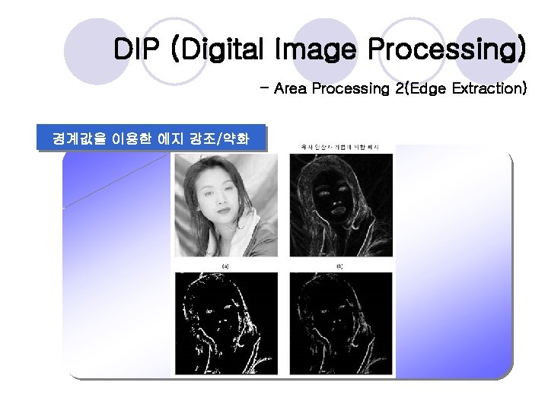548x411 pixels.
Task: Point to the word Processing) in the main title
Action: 447,51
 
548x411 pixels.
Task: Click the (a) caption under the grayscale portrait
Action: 225,266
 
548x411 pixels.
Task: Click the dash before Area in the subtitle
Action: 263,89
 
